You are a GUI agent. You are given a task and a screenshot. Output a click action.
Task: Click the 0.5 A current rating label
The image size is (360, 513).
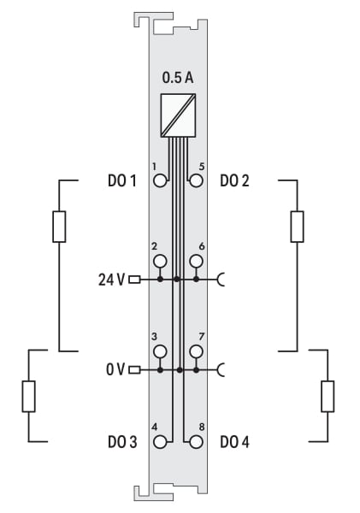tap(178, 78)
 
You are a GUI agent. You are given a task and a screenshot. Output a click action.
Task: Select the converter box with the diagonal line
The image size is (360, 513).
tap(178, 115)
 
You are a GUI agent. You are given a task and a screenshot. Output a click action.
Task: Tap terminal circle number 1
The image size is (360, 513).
tap(160, 180)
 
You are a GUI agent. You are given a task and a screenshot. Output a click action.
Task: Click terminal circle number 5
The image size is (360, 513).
tap(196, 180)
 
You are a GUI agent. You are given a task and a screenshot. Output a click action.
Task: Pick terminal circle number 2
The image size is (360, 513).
tap(160, 261)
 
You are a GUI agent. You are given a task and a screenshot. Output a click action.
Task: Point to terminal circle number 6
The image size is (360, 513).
tap(196, 261)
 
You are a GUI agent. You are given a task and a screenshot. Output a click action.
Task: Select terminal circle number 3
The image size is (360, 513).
tap(160, 351)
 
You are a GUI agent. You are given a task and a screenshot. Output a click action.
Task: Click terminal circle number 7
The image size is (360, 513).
tap(196, 351)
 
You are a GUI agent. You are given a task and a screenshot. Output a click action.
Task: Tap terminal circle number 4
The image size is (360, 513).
tap(160, 442)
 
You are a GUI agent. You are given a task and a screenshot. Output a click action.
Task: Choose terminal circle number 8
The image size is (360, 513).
tap(196, 442)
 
